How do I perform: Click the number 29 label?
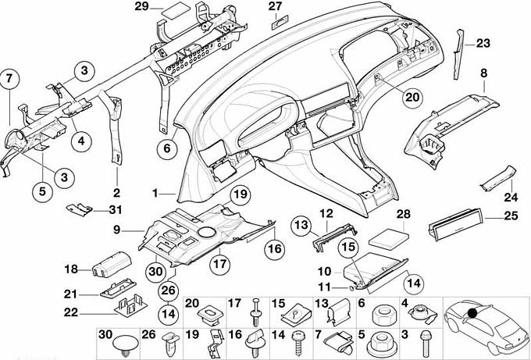point(142,6)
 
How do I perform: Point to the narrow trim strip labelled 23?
point(458,54)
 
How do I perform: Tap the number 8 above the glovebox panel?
point(483,73)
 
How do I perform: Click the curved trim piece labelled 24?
point(498,178)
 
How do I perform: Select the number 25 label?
point(511,216)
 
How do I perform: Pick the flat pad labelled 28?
point(388,237)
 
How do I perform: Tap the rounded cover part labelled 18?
point(112,265)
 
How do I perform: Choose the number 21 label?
point(70,294)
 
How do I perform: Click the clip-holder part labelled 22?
point(130,305)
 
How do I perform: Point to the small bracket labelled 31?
point(79,209)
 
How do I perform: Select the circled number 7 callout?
point(9,79)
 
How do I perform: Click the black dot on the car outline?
point(472,313)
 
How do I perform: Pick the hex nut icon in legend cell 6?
point(382,315)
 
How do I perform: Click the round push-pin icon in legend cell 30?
point(125,345)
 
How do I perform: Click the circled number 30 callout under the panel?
point(155,271)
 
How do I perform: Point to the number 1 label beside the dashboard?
point(155,194)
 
